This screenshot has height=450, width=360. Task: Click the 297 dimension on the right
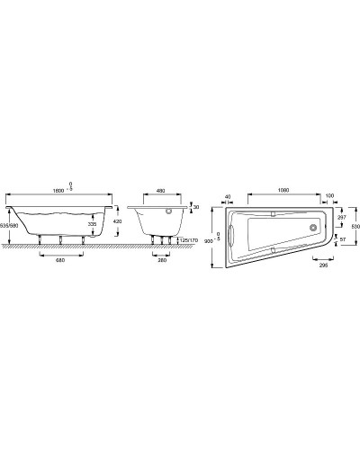click(339, 218)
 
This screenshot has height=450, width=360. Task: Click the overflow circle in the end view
click(167, 212)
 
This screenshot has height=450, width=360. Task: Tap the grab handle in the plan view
click(231, 235)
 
